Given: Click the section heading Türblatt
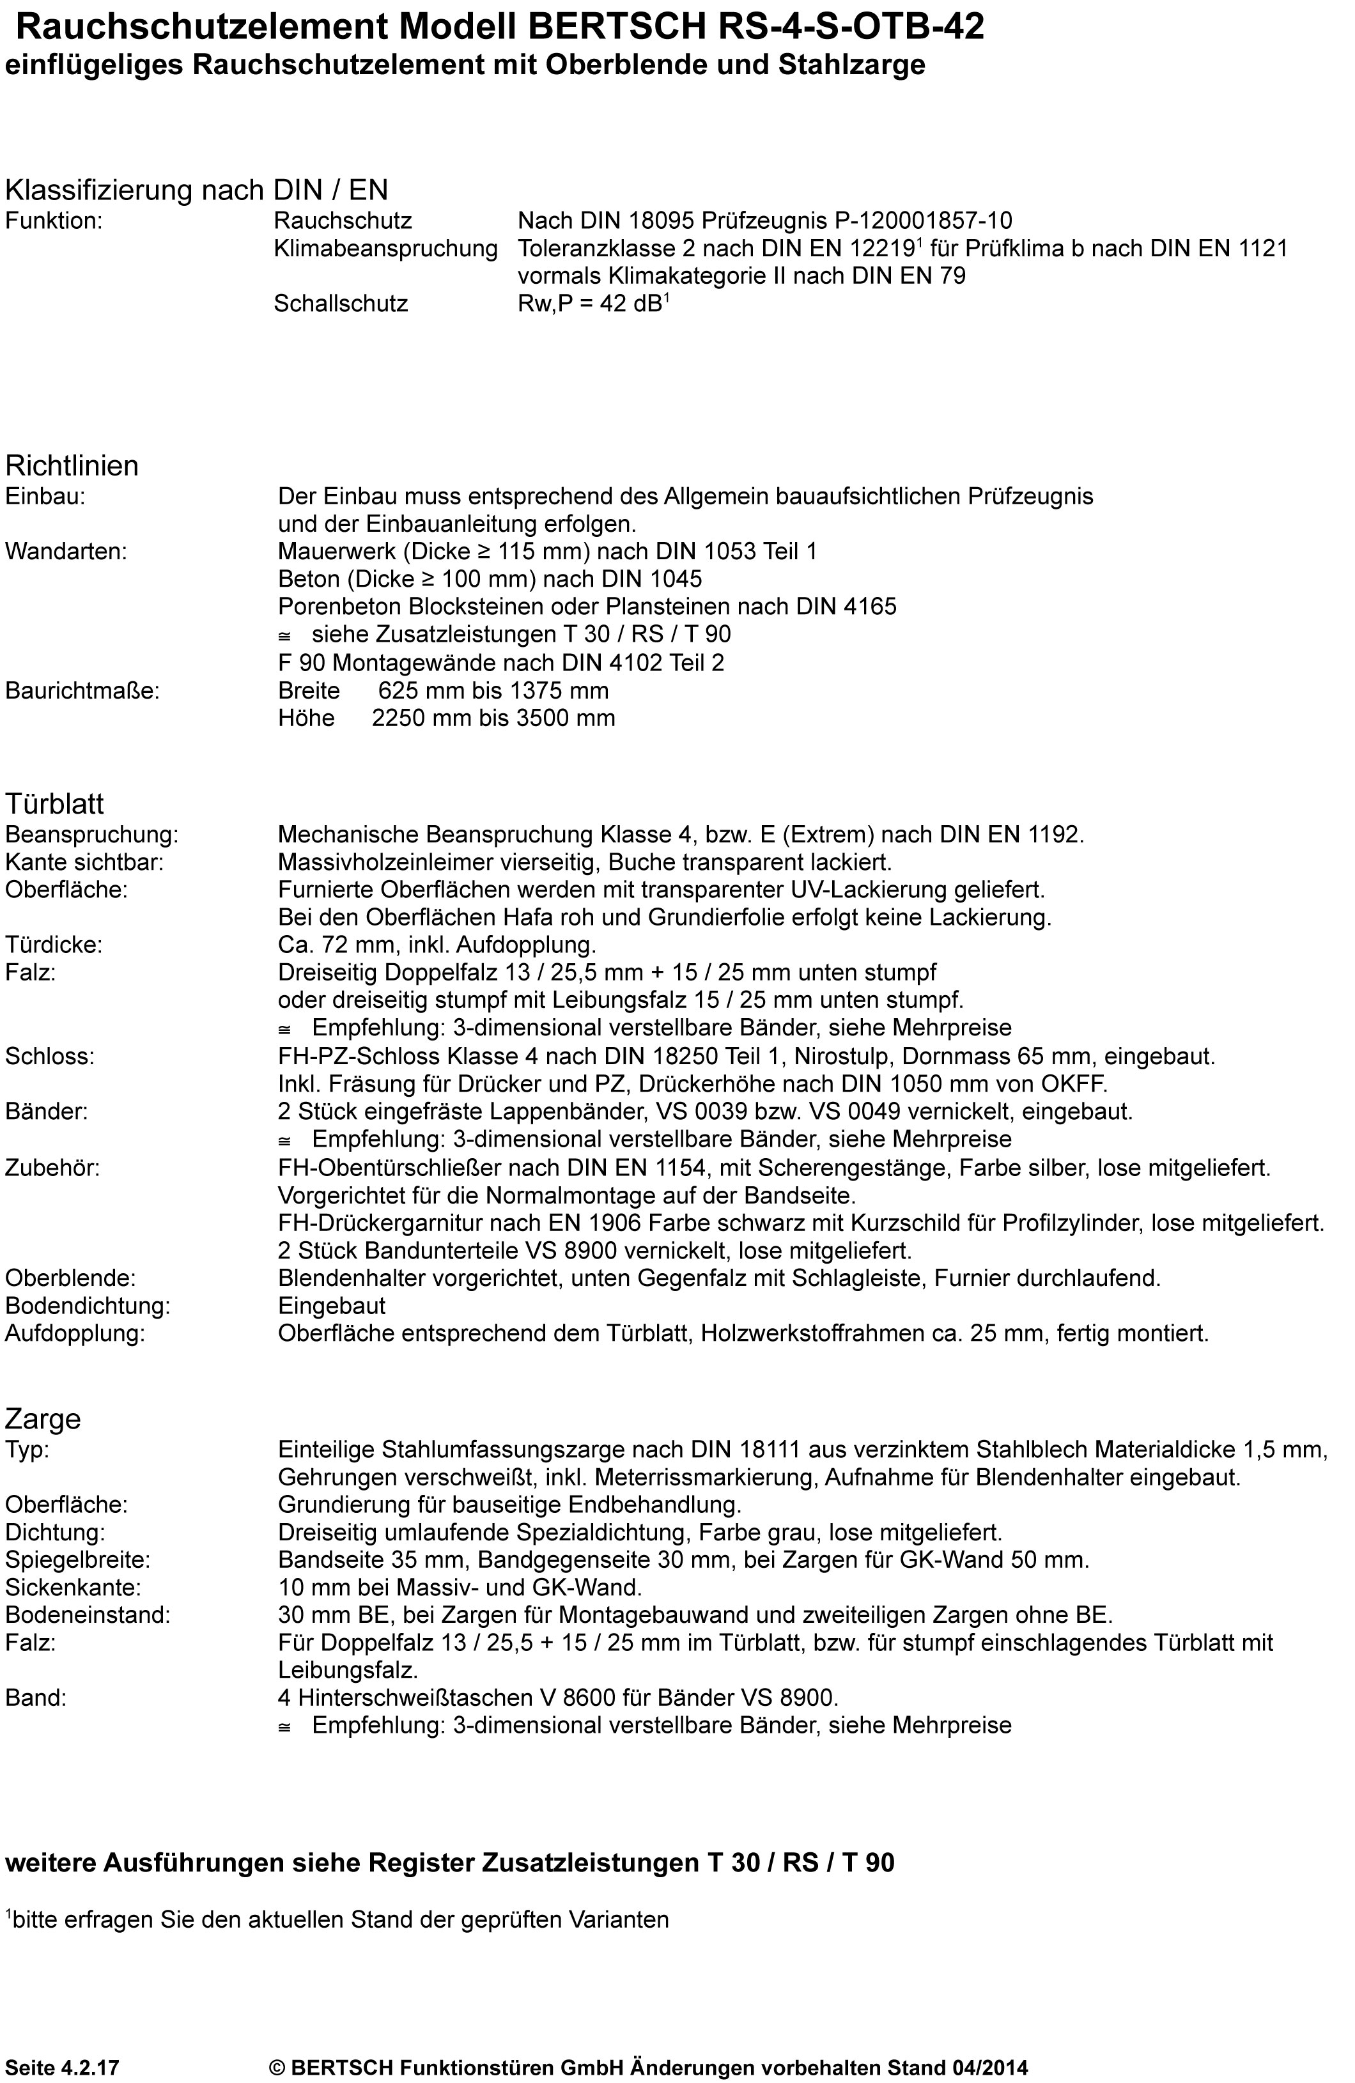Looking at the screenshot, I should (54, 803).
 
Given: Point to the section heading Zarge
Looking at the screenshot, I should (43, 1419).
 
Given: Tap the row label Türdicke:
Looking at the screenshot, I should (54, 945).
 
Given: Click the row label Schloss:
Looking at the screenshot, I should (50, 1057).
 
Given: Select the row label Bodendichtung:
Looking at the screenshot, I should (88, 1306).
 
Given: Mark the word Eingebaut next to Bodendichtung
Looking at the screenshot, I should (332, 1306).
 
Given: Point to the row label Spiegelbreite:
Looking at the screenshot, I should (78, 1560).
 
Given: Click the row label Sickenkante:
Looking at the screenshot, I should (73, 1588).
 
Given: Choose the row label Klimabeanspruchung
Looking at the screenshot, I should (385, 249).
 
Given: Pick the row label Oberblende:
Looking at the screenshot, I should (70, 1279).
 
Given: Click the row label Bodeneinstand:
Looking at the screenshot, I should (88, 1615).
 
